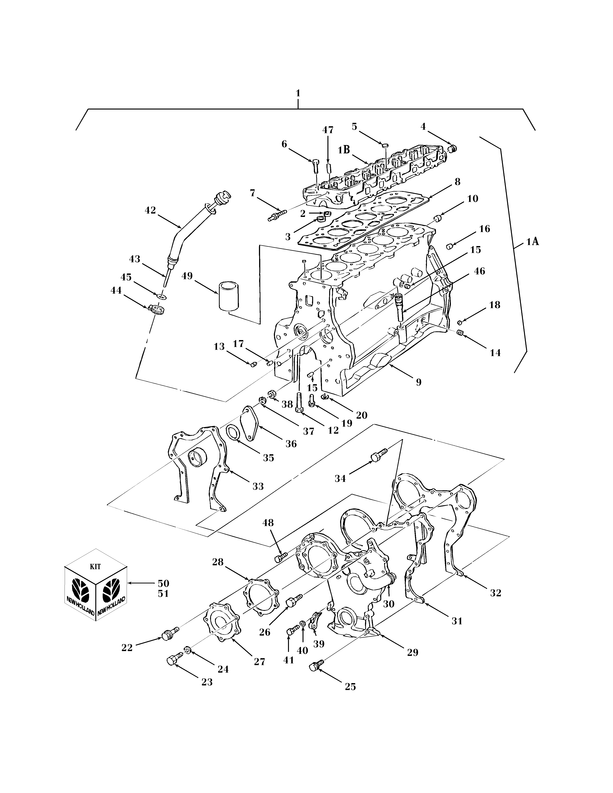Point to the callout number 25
click(350, 687)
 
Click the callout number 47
click(328, 130)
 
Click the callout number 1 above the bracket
click(298, 93)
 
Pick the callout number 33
click(258, 486)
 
